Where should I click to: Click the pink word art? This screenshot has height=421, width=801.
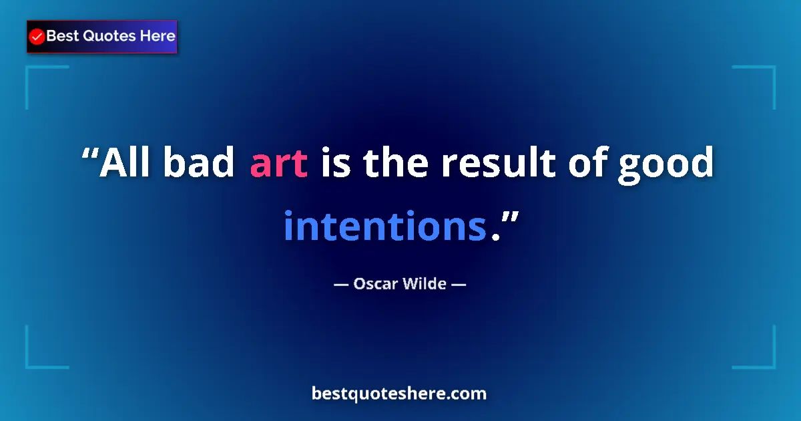point(278,163)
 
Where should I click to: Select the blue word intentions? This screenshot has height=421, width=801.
point(384,226)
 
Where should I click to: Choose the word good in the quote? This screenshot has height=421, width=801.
point(665,164)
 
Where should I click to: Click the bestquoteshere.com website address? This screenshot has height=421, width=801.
point(399,394)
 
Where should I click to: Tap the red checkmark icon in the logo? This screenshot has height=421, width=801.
point(37,37)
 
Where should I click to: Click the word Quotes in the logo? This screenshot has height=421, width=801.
point(109,36)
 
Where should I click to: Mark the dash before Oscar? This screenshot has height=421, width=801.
point(341,284)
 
